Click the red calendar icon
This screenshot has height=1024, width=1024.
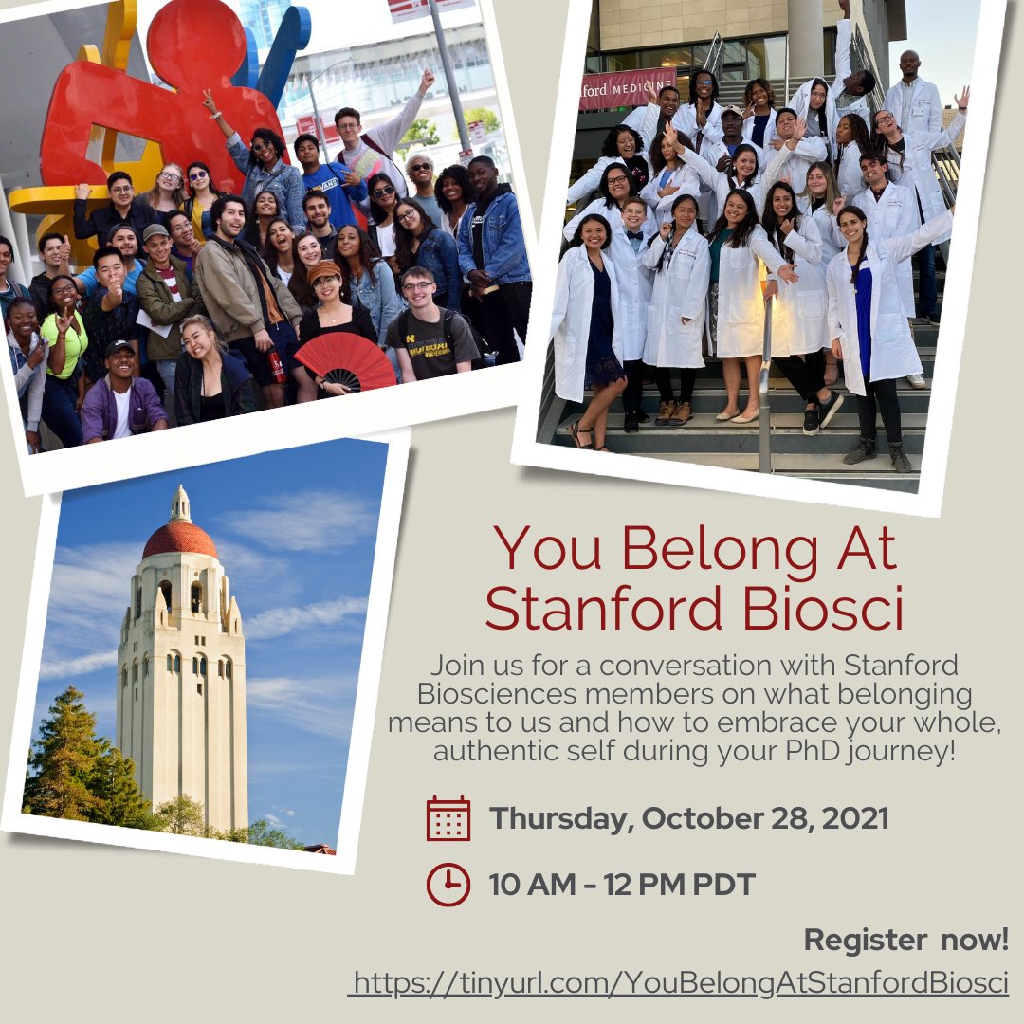click(448, 818)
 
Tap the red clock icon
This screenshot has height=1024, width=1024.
click(448, 884)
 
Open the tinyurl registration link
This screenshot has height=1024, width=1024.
click(679, 982)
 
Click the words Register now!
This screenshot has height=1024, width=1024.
click(905, 940)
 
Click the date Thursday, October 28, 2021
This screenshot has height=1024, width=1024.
click(689, 818)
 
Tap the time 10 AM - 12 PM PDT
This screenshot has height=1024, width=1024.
click(622, 885)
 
